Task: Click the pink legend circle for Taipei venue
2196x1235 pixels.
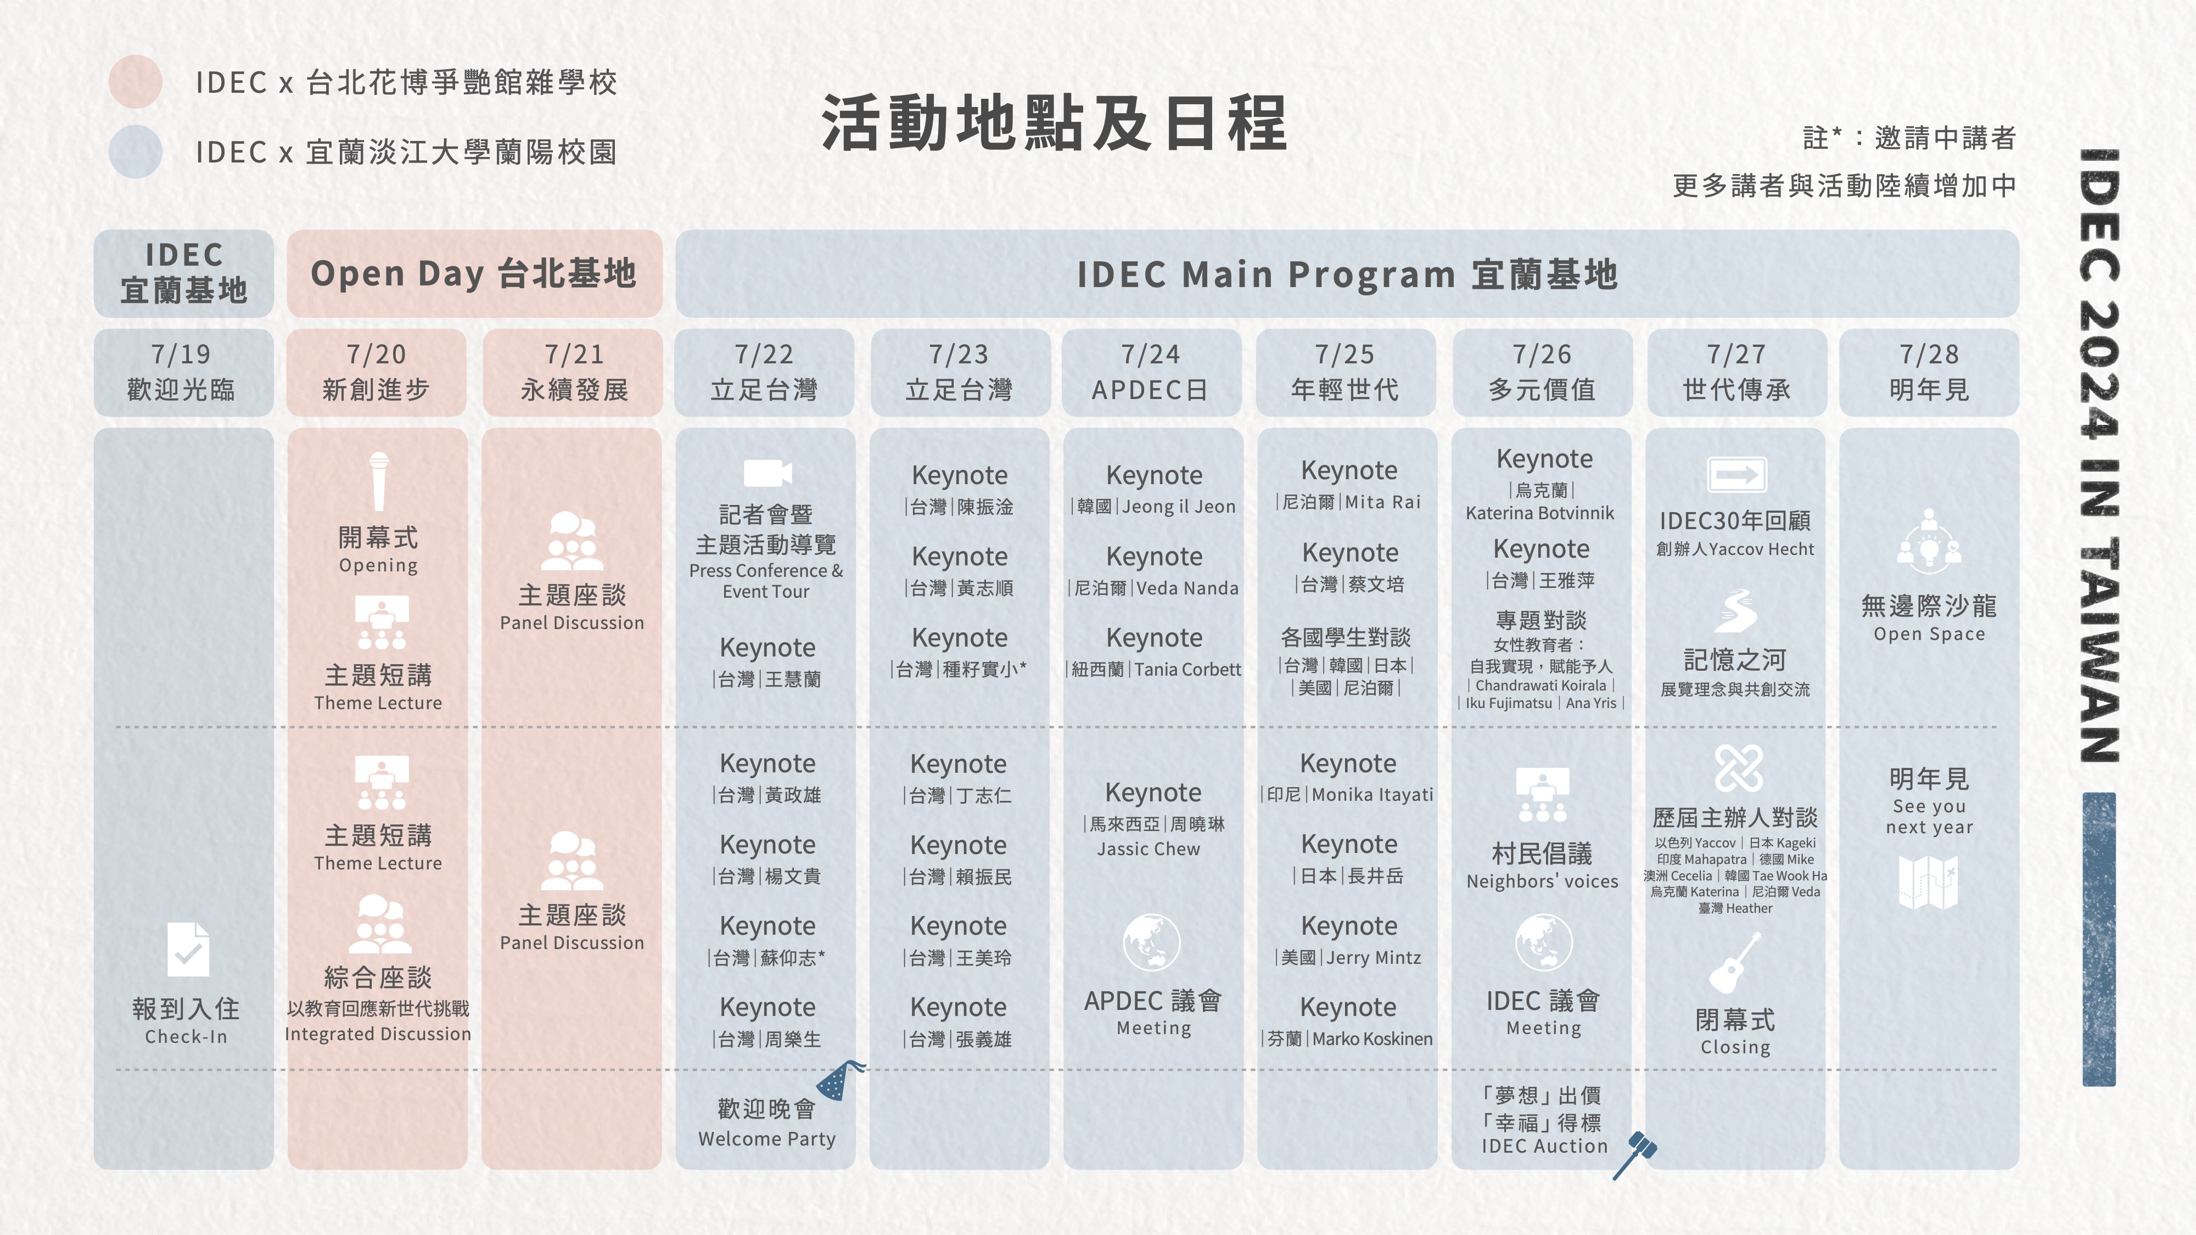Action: point(136,82)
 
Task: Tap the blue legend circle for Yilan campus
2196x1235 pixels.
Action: point(136,151)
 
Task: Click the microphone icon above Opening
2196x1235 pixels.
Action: point(378,481)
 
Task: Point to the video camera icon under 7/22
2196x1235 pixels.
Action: point(768,473)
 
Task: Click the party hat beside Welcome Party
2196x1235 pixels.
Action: point(840,1080)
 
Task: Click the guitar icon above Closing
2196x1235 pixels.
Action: point(1735,963)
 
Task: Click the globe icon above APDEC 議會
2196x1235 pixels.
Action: point(1152,942)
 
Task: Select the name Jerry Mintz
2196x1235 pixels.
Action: point(1374,958)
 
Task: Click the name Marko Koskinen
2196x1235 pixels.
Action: point(1372,1039)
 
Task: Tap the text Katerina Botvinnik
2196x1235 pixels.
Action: point(1539,513)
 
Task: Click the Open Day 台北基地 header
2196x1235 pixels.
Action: point(474,273)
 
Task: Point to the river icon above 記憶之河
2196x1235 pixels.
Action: point(1735,610)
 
